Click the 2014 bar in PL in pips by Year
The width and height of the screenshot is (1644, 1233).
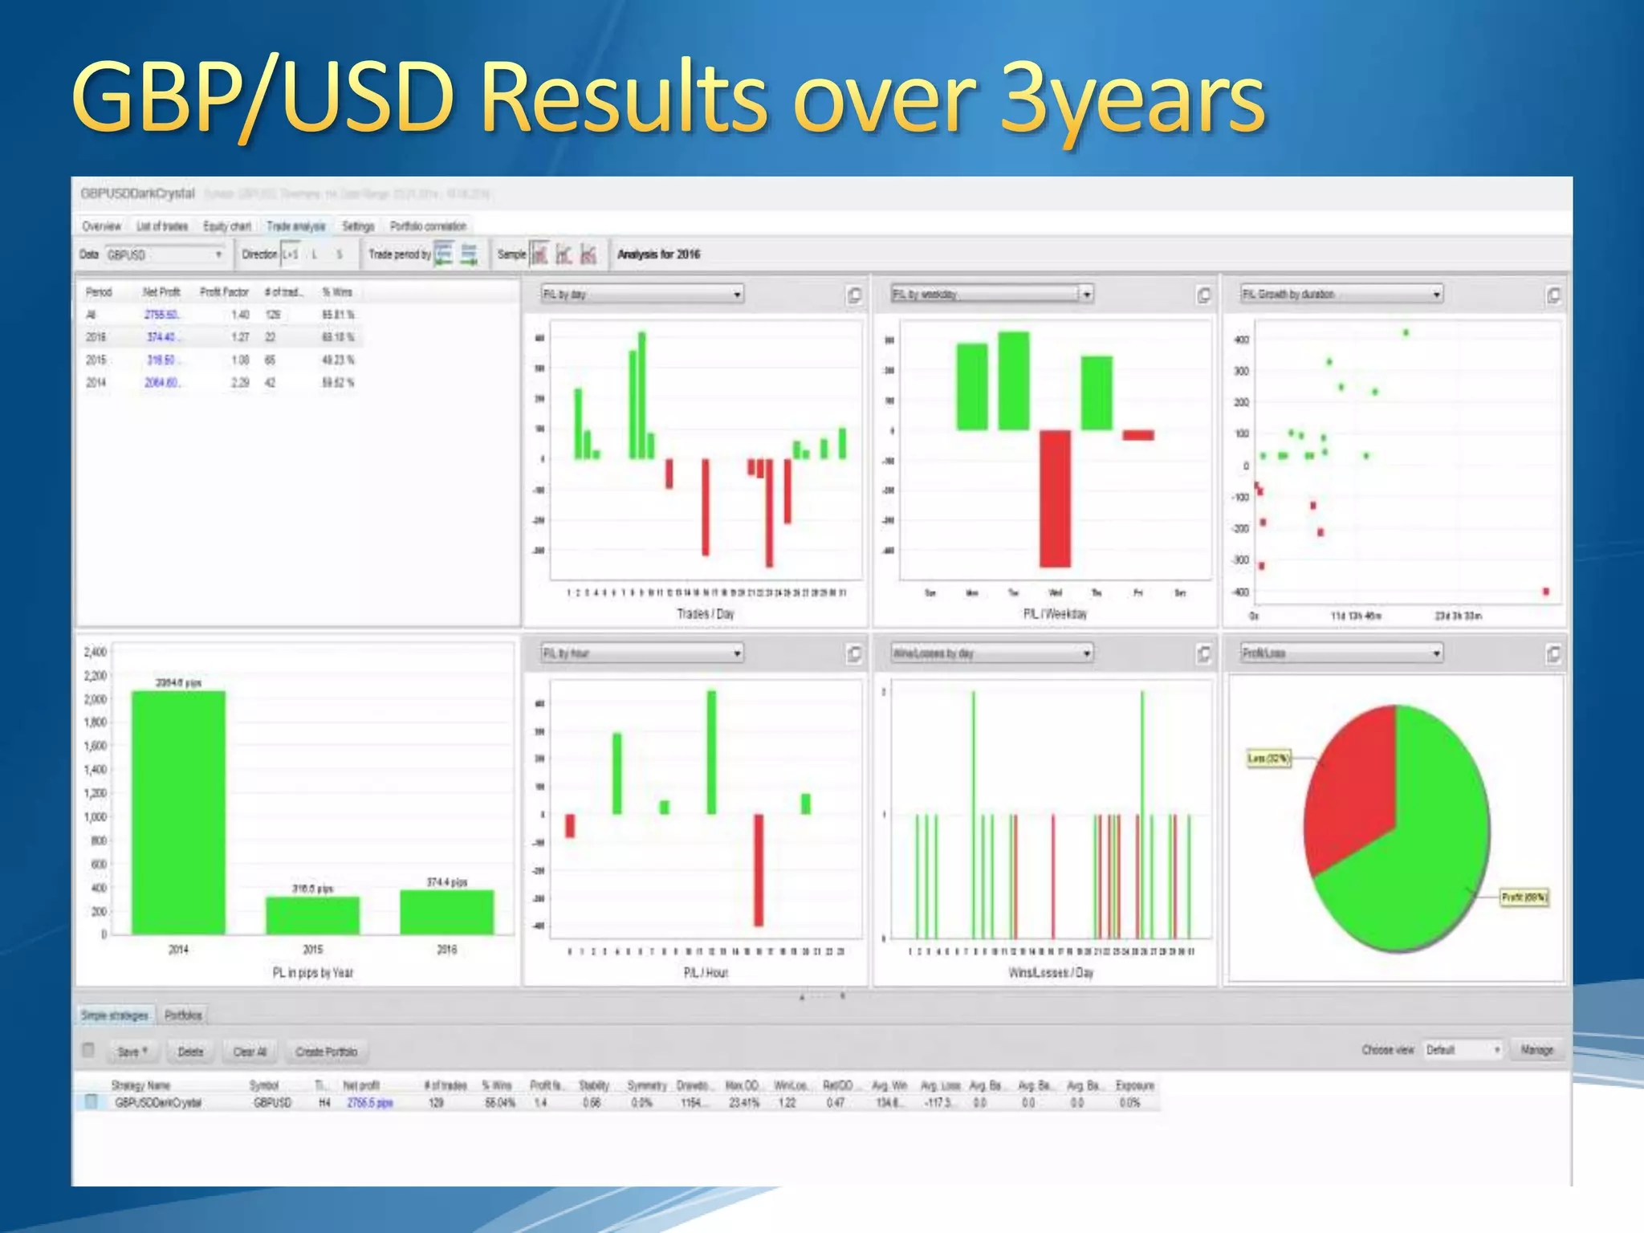click(178, 811)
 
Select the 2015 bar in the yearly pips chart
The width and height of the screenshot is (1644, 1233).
click(312, 915)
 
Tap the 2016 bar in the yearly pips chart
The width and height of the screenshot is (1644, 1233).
click(446, 912)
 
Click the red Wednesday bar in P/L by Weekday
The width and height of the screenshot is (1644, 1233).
click(1055, 498)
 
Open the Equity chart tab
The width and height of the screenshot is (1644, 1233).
click(226, 226)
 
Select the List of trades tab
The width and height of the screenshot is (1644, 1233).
click(161, 226)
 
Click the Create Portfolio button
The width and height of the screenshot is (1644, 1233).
click(326, 1052)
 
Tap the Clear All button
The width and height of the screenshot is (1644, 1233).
click(249, 1052)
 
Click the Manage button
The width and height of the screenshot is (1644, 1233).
click(1536, 1050)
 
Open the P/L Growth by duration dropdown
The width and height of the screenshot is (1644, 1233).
click(1341, 295)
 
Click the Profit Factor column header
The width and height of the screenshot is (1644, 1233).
click(224, 292)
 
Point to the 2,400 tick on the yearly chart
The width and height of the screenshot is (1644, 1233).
click(95, 652)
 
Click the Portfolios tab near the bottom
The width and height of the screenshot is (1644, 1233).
click(183, 1015)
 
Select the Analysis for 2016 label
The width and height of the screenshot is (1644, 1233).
click(658, 254)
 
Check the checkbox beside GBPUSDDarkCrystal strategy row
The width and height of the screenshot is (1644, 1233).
click(92, 1102)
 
